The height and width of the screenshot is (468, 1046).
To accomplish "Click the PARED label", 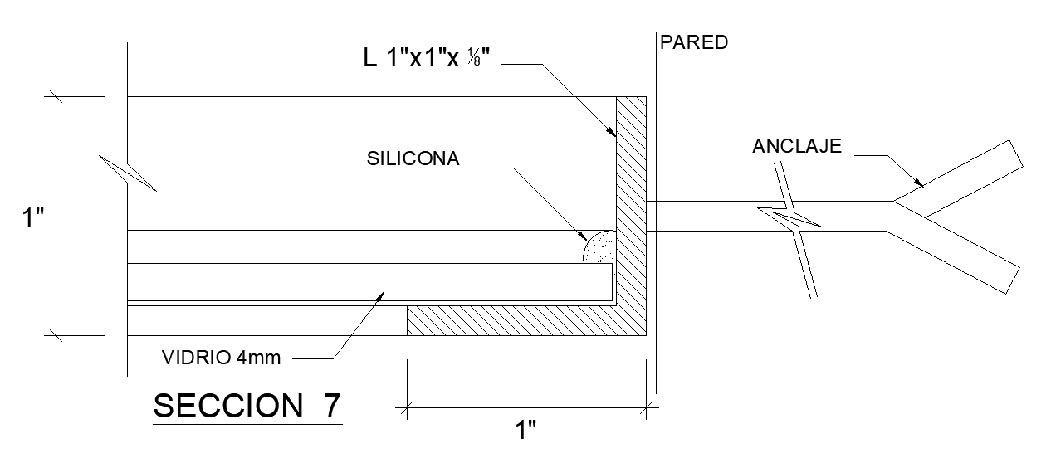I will [693, 42].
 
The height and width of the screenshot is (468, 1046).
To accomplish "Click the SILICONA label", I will [413, 159].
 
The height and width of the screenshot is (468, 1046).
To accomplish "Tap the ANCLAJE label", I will [797, 147].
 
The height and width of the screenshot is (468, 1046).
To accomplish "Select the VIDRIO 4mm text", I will [222, 358].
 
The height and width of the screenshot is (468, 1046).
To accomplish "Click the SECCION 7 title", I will [247, 406].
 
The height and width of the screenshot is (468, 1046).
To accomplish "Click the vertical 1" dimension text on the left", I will [32, 218].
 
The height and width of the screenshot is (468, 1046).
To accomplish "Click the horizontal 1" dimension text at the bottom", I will [526, 431].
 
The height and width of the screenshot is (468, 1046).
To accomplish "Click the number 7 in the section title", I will [330, 406].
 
